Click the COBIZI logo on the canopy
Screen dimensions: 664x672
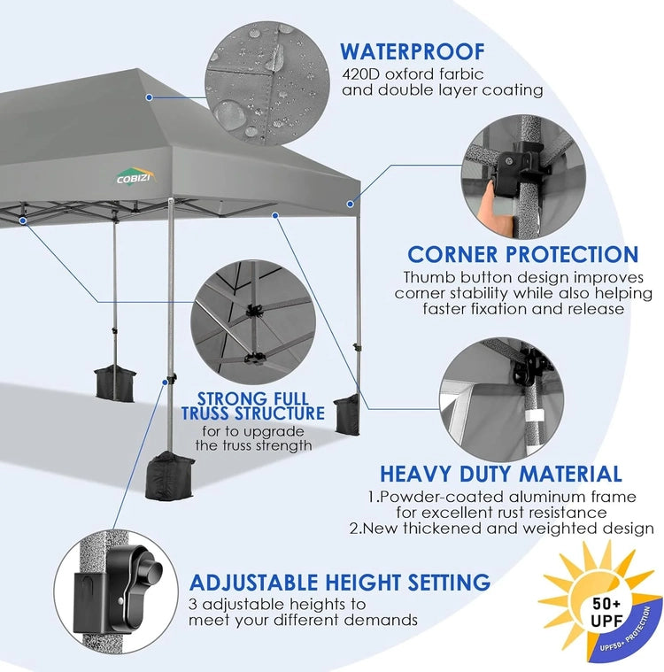[135, 175]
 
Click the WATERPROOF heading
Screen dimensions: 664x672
[413, 52]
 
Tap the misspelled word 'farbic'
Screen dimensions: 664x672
[460, 74]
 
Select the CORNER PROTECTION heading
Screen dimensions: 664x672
[523, 255]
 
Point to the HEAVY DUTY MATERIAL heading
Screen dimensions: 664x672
[501, 474]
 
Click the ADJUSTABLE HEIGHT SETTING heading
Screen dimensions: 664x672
[340, 583]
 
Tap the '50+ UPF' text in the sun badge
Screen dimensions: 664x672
[606, 612]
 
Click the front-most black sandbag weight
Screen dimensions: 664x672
[169, 475]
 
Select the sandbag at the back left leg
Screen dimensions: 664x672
[114, 383]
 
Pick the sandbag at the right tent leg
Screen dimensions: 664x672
[347, 414]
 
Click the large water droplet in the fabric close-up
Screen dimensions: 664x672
[229, 112]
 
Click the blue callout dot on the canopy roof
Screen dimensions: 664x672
[149, 97]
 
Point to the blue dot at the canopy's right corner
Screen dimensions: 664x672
[351, 204]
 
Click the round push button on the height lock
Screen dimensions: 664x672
[151, 570]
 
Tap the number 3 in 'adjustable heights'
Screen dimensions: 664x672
[193, 605]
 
